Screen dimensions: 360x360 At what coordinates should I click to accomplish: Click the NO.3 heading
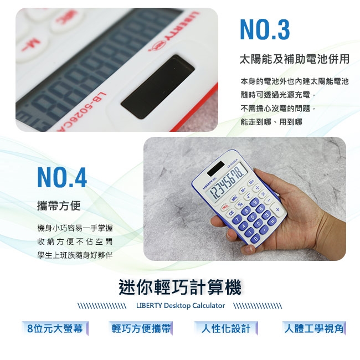tap(265, 29)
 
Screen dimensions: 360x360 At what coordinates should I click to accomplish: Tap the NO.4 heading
tap(62, 177)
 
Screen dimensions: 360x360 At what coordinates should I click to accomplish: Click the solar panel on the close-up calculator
tap(158, 86)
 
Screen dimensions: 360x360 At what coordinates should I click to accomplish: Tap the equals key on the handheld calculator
tap(271, 220)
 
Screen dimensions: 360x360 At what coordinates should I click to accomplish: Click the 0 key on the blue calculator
tap(256, 238)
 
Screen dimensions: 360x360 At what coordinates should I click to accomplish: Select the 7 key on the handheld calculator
tap(238, 220)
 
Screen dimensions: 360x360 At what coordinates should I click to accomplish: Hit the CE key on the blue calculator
tap(231, 213)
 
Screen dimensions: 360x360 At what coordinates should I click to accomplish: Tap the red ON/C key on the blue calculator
tap(225, 207)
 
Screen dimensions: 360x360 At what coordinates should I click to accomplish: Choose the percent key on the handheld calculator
tap(240, 204)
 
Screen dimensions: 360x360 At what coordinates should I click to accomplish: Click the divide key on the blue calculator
tap(257, 188)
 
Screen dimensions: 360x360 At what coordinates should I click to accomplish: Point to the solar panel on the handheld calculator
tap(216, 168)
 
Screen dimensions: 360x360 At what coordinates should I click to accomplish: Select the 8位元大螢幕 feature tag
tap(55, 328)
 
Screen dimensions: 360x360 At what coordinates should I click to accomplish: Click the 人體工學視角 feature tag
tap(314, 328)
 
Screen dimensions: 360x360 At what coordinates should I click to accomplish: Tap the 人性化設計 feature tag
tap(226, 328)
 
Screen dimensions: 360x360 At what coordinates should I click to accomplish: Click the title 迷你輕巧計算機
tap(180, 287)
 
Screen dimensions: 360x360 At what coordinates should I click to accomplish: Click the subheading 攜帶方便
tap(59, 205)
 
